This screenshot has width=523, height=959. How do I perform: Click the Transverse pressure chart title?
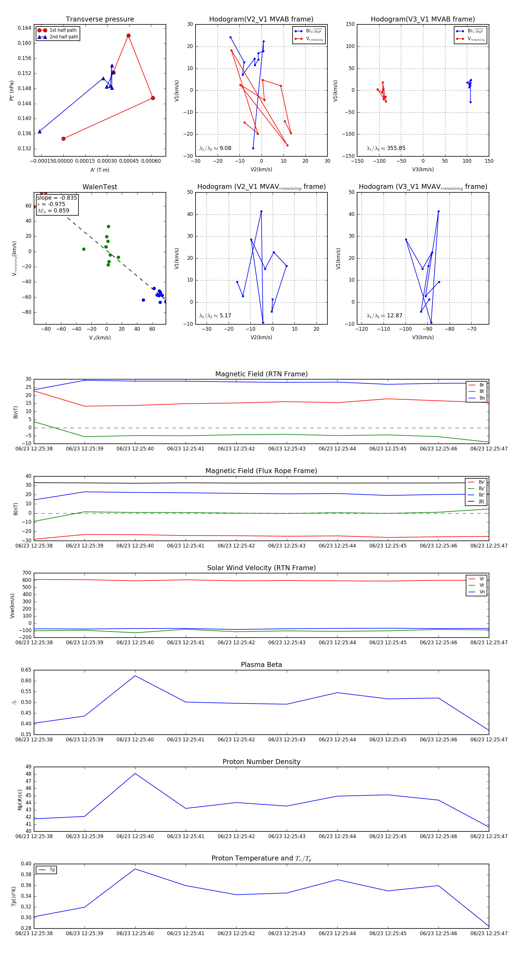pos(100,19)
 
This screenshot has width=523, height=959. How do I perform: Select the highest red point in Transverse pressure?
pos(128,36)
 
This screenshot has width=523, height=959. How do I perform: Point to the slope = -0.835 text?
pos(57,198)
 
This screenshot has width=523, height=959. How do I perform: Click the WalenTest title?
pos(100,187)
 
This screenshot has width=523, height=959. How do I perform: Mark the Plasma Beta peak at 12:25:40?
pos(135,676)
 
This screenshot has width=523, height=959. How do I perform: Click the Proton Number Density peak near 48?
pos(135,774)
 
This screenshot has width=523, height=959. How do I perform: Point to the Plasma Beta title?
pos(261,665)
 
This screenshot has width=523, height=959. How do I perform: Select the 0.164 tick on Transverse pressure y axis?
pos(25,28)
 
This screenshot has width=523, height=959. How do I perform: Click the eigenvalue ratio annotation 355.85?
pos(396,148)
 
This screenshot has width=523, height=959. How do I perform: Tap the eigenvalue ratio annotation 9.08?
pos(225,148)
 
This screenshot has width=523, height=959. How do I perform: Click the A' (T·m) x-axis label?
pos(100,170)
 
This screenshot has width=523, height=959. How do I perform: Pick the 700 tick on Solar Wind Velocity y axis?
pos(27,573)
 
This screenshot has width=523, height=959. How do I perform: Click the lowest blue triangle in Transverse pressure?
pos(40,131)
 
